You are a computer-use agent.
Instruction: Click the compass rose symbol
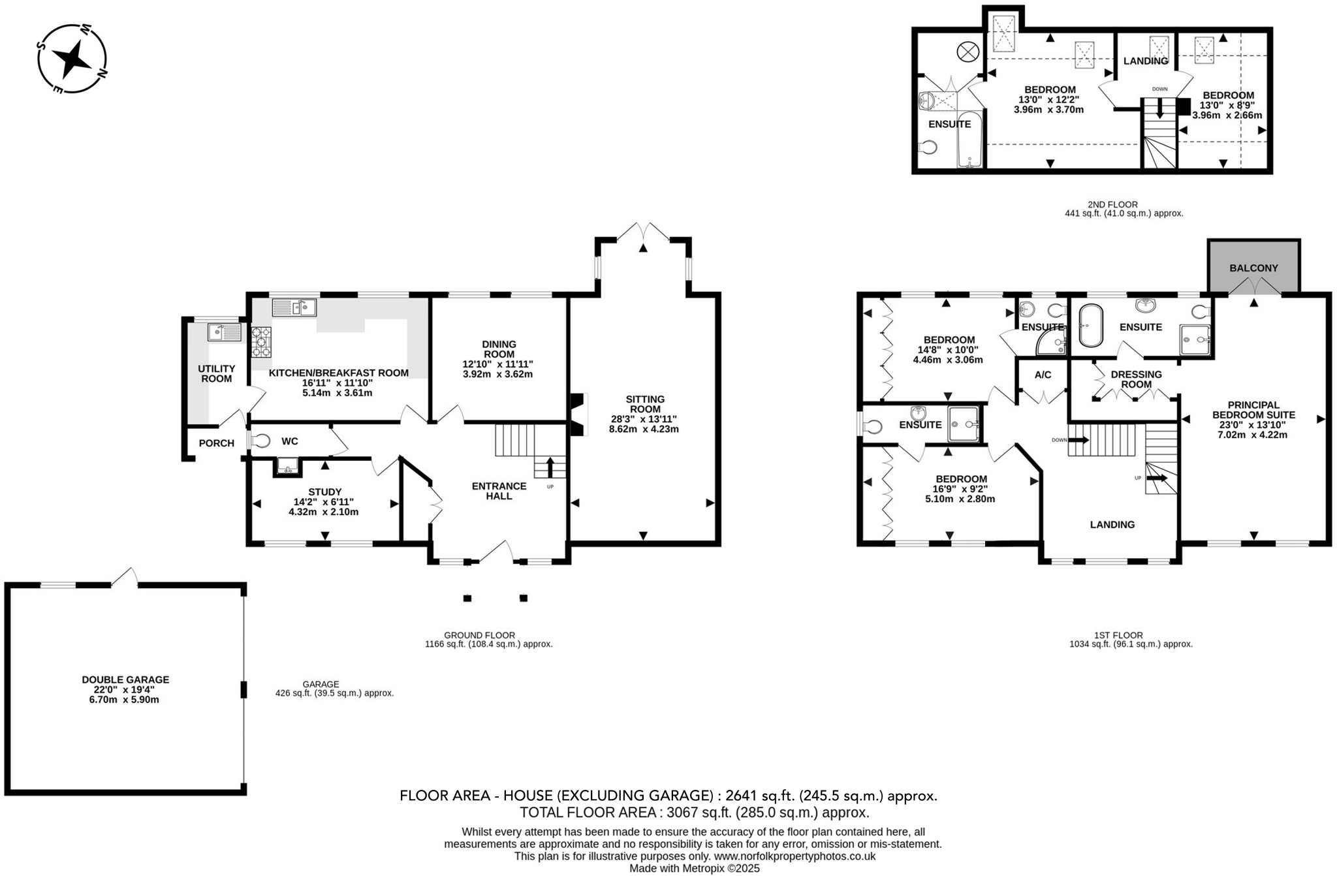(72, 59)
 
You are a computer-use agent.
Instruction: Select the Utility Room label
(216, 373)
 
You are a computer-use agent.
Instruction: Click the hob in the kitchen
(261, 341)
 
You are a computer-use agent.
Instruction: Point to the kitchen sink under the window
(294, 307)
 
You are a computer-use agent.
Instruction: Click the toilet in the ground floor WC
(260, 441)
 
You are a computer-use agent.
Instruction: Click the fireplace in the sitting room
(577, 415)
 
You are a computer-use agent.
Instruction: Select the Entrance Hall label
(499, 491)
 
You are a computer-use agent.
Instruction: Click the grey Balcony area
(1253, 268)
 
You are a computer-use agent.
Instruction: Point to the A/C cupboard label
(1043, 375)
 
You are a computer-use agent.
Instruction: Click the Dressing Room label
(1136, 379)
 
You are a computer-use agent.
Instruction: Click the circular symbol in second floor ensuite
(967, 51)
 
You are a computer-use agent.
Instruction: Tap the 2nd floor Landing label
(1145, 61)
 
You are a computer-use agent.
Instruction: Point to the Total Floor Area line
(694, 813)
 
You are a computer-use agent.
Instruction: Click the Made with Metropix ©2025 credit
(694, 869)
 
